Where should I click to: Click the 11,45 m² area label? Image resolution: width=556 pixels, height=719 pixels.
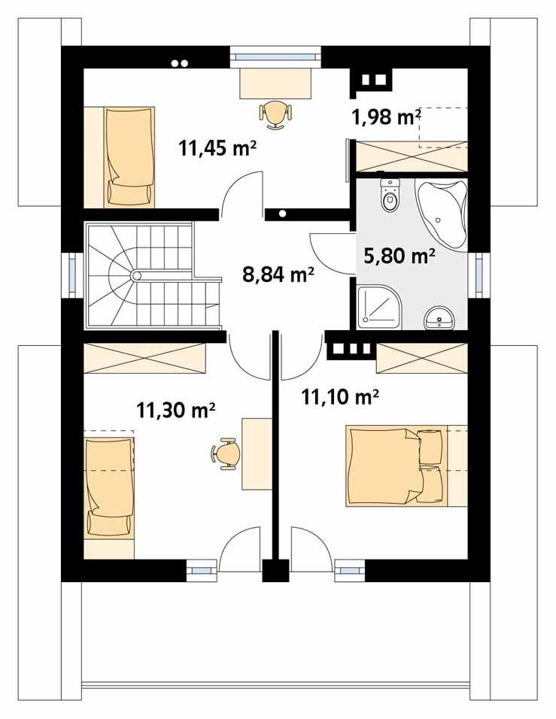(x=217, y=147)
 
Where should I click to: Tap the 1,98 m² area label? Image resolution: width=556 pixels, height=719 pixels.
(x=385, y=117)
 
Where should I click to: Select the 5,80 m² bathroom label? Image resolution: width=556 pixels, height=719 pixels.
(x=400, y=257)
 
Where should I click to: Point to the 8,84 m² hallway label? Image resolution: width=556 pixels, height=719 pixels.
(x=278, y=275)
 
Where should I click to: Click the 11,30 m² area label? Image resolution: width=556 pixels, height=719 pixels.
(x=176, y=410)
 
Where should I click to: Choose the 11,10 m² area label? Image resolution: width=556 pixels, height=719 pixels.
(x=339, y=396)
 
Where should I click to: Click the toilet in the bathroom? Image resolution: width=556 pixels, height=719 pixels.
(x=390, y=196)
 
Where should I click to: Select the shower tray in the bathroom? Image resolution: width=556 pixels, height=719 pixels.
(x=379, y=308)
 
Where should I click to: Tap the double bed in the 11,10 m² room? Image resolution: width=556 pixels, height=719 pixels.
(x=396, y=466)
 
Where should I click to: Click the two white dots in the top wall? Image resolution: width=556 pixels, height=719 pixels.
(x=180, y=63)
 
